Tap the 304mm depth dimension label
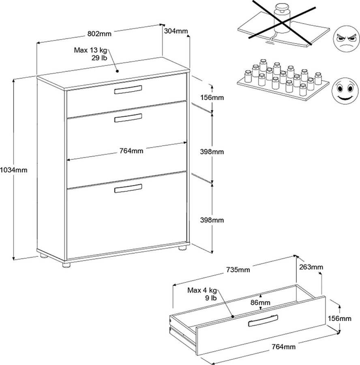176,31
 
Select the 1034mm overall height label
14,170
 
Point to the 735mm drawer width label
238,270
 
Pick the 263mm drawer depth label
311,267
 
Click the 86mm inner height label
260,303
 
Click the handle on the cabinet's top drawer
128,90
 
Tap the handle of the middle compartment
128,118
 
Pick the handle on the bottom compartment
128,189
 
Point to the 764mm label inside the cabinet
131,151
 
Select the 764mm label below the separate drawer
283,346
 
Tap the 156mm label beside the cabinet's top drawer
212,97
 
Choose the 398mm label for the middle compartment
212,152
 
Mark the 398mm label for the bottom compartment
212,220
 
